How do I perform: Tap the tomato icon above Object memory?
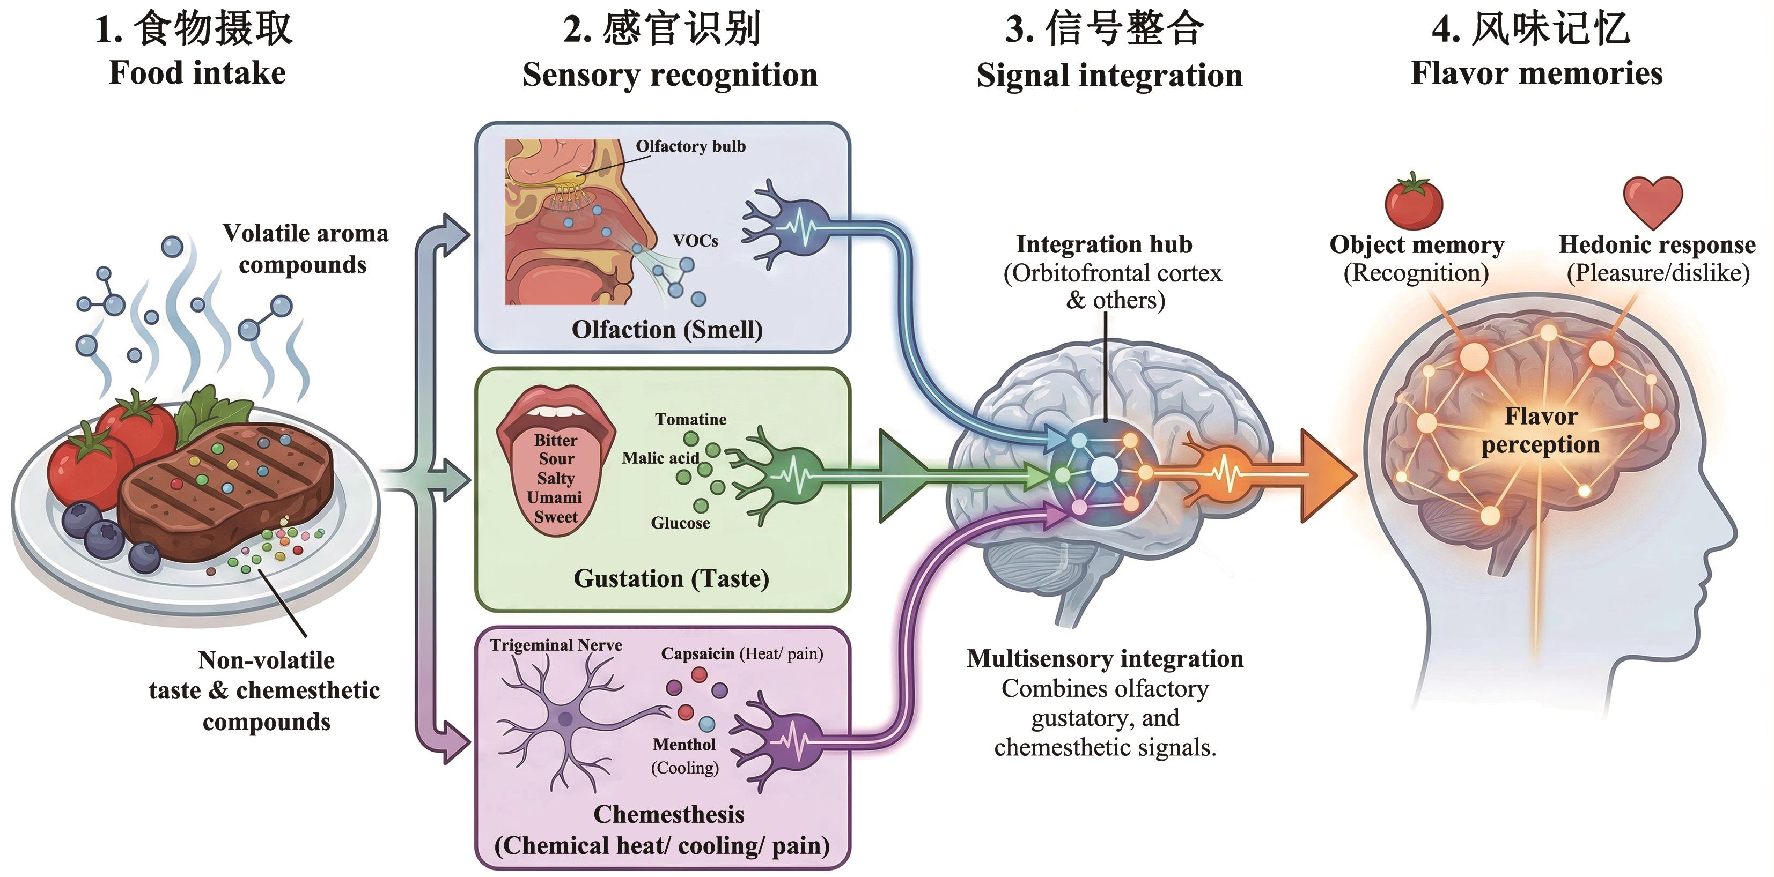click(1414, 203)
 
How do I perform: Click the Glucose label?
click(680, 523)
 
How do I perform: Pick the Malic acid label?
click(660, 458)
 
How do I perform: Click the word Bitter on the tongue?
click(556, 441)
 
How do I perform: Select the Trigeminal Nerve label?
click(556, 645)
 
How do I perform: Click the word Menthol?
click(684, 745)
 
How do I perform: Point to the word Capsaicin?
click(697, 653)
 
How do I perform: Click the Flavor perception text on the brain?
click(1541, 430)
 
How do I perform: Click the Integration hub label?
click(1104, 244)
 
